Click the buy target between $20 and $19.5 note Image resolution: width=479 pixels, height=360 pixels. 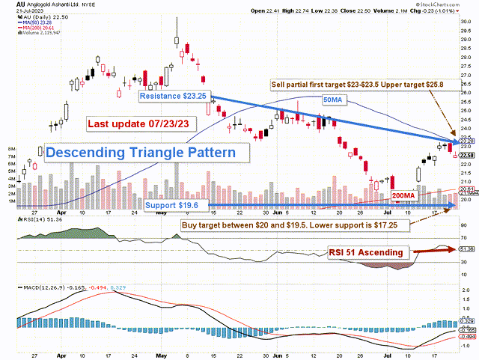tap(309, 224)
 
